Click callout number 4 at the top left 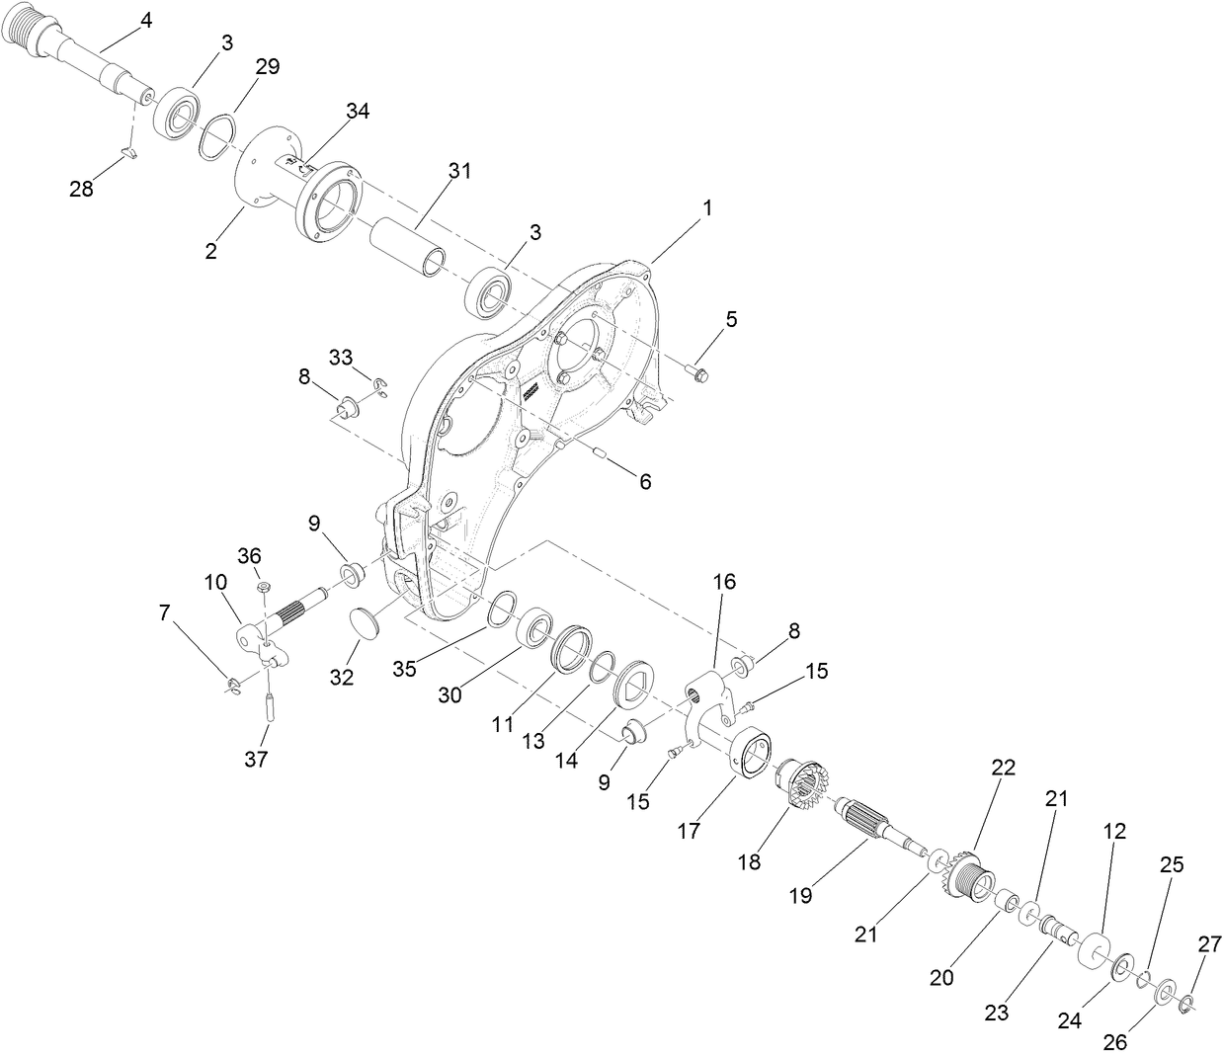pyautogui.click(x=146, y=20)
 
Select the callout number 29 pyautogui.click(x=267, y=66)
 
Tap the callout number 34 pyautogui.click(x=357, y=112)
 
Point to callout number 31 pyautogui.click(x=459, y=171)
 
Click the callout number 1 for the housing pyautogui.click(x=706, y=208)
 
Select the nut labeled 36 pyautogui.click(x=264, y=589)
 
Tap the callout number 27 pyautogui.click(x=1209, y=944)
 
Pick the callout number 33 pyautogui.click(x=341, y=358)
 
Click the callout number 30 pyautogui.click(x=450, y=695)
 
